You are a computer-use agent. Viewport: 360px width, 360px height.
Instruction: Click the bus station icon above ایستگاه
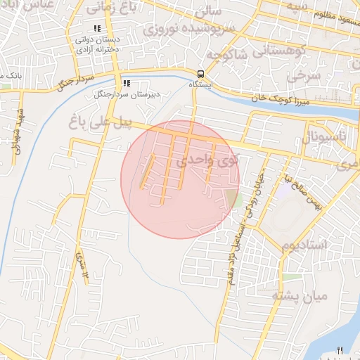tap(201, 73)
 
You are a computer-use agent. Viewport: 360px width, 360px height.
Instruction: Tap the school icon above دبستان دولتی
tap(97, 29)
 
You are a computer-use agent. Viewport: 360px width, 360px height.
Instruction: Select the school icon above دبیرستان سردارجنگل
tap(127, 82)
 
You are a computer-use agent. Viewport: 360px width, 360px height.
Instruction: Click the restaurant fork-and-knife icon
tap(340, 350)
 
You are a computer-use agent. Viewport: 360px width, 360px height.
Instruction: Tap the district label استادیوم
tap(304, 245)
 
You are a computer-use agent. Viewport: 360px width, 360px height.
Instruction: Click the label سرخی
tap(308, 75)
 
